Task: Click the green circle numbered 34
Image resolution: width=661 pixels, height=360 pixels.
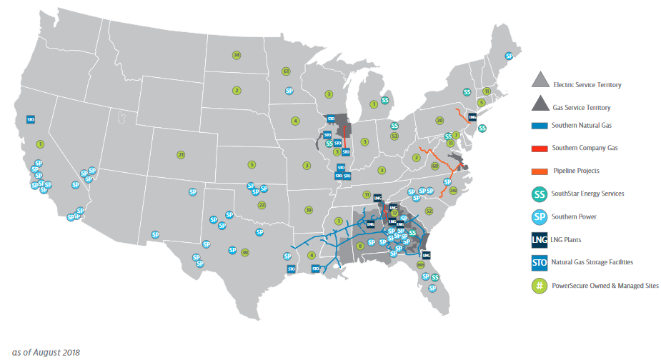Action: click(237, 55)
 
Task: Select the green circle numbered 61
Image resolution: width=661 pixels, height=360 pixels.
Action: click(286, 71)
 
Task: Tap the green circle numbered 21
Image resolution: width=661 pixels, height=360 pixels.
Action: click(181, 154)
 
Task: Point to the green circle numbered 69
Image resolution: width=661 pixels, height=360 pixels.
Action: click(434, 166)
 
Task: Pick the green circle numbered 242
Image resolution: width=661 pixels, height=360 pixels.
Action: click(453, 191)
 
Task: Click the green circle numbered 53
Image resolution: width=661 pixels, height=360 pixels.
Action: click(394, 136)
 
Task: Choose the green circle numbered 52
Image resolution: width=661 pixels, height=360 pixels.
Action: click(429, 211)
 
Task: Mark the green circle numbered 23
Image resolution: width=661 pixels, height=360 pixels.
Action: click(262, 205)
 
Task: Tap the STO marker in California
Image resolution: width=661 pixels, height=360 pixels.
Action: click(31, 120)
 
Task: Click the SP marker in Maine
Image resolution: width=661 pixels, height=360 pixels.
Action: click(509, 56)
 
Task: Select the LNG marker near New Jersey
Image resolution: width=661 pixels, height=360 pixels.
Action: click(472, 116)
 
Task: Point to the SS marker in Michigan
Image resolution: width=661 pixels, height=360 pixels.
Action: click(384, 101)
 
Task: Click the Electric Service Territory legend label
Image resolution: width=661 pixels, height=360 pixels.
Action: click(587, 85)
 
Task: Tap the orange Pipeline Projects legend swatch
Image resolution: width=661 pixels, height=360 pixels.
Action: click(540, 171)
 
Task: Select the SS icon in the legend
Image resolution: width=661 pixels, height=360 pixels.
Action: click(541, 194)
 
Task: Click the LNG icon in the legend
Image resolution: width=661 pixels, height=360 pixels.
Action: click(541, 239)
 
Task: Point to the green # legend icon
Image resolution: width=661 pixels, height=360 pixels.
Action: click(541, 285)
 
